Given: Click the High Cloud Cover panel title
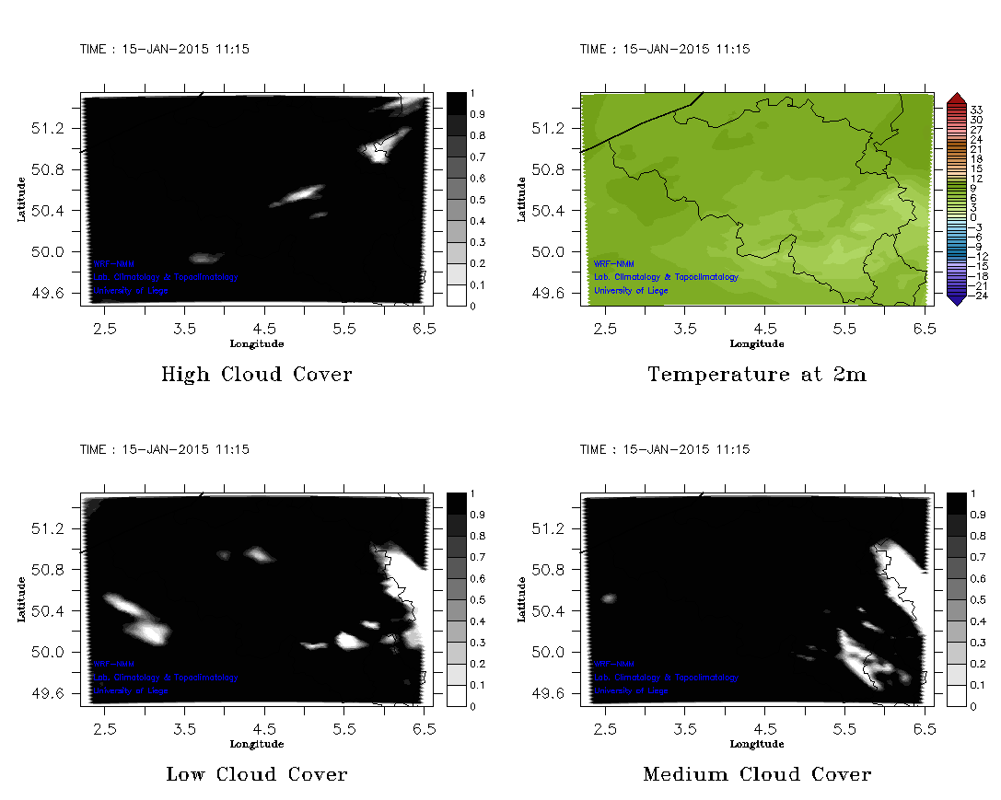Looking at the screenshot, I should click(256, 375).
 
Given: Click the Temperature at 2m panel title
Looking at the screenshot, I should click(756, 375).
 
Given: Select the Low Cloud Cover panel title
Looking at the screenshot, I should click(256, 775).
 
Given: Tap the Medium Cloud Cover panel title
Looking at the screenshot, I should click(756, 775).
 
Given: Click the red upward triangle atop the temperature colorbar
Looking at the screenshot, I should click(955, 99).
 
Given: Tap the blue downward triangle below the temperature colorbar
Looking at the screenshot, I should click(955, 297).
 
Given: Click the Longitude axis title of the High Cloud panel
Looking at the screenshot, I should click(256, 343).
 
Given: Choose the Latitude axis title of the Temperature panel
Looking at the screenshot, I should click(522, 199).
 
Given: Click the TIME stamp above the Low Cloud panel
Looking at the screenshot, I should click(164, 450).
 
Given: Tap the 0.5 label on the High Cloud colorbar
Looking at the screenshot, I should click(477, 200).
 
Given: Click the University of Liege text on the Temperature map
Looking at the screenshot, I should click(631, 291).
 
